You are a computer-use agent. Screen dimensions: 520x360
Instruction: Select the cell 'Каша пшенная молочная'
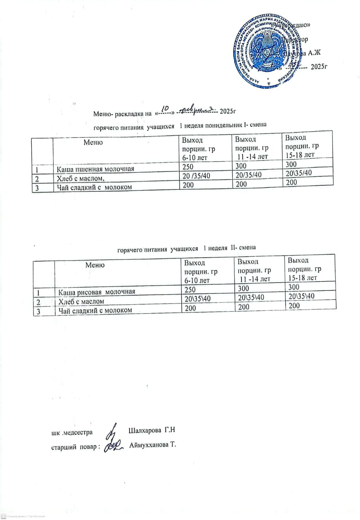(94, 169)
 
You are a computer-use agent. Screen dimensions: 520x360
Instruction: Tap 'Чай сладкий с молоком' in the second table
(93, 310)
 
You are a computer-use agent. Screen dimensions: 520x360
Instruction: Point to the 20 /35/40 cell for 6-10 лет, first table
(196, 175)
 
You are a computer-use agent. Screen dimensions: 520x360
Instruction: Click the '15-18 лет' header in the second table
(302, 278)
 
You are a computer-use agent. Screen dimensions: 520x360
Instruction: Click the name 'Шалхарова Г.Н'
(153, 430)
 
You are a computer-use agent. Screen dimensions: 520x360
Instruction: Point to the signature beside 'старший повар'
(112, 446)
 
